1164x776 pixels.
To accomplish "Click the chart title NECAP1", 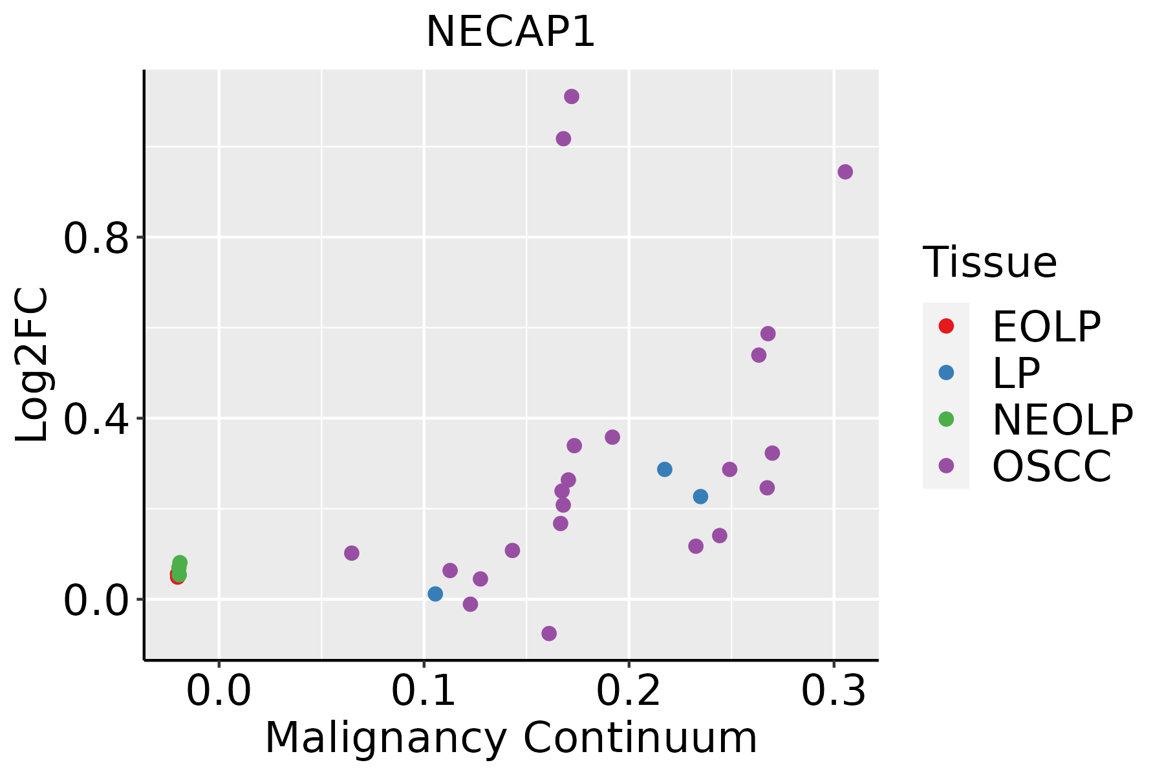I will point(510,32).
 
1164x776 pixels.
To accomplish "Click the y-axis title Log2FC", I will point(32,365).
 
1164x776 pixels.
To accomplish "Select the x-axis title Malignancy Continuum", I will point(511,738).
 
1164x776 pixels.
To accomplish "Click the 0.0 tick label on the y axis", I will point(94,601).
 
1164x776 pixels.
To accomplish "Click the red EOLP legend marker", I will point(946,326).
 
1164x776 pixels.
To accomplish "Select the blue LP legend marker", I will point(946,372).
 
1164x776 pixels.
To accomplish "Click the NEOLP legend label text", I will point(1062,420).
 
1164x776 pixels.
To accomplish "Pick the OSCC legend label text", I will point(1051,466).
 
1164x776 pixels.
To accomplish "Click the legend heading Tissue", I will point(990,263).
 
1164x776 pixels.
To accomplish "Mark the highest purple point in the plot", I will point(572,96).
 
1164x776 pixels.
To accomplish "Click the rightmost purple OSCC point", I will point(845,172).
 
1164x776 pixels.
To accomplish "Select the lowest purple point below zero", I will point(549,633).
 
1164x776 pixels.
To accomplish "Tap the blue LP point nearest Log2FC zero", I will point(435,594).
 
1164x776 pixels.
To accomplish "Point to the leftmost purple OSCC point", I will point(352,553).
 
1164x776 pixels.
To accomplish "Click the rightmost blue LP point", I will point(700,497).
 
